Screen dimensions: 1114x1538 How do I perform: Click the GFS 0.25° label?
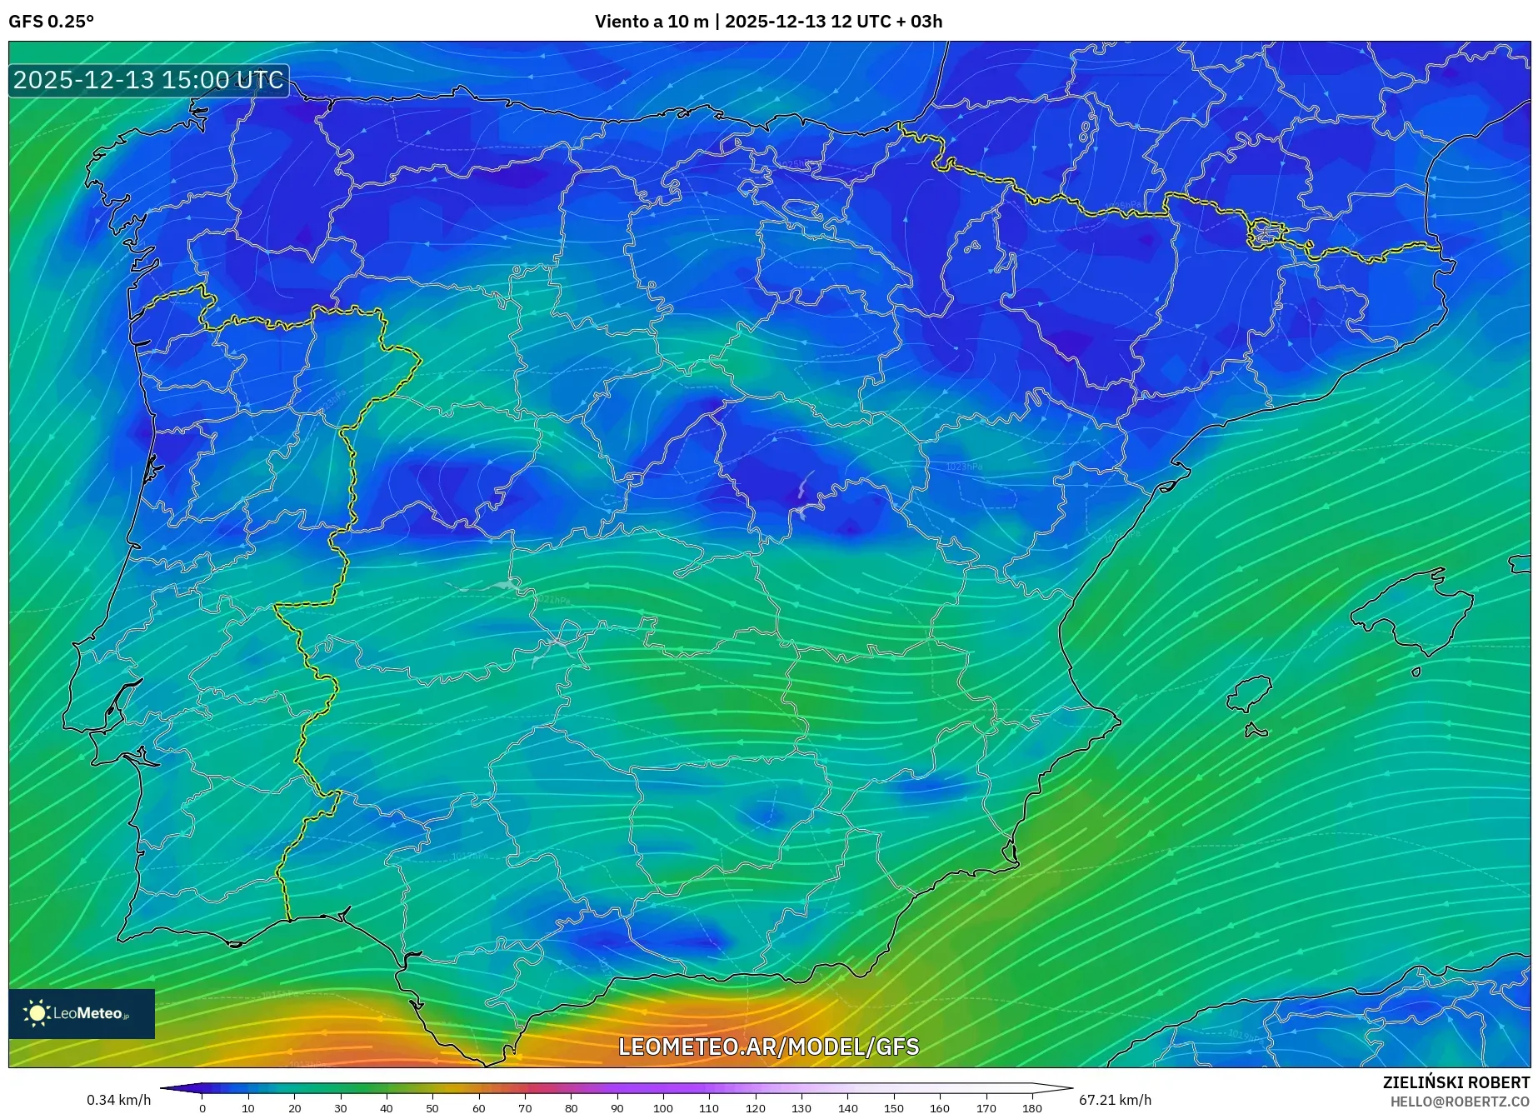coord(51,22)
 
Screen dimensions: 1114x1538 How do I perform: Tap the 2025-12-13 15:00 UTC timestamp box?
coord(148,81)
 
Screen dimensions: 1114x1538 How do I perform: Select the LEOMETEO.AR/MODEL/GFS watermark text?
coord(768,1047)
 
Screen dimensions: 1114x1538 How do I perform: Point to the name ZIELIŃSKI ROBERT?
coord(1456,1082)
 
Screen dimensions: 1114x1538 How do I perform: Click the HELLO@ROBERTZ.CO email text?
coord(1460,1102)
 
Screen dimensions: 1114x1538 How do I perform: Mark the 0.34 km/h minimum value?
coord(119,1100)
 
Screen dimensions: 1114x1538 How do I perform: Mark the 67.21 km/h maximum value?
coord(1115,1100)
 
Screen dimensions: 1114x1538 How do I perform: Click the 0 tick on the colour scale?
coord(202,1107)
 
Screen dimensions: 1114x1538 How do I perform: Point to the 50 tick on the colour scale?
coord(432,1107)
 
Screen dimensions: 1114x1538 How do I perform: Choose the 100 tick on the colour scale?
coord(662,1107)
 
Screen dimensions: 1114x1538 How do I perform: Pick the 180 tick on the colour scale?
coord(1031,1107)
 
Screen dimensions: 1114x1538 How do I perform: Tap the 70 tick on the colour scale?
coord(525,1107)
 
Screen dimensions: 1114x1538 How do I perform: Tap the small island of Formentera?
coord(1255,732)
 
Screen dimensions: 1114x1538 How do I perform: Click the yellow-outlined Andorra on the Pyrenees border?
coord(1265,232)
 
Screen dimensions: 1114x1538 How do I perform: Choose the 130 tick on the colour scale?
coord(801,1107)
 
